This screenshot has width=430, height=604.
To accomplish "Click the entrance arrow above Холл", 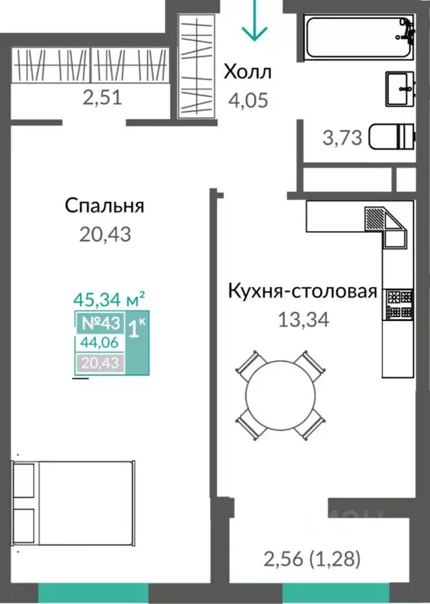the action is tap(254, 20).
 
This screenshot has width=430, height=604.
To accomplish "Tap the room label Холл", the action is tap(248, 72).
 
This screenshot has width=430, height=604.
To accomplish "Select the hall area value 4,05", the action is tap(248, 100).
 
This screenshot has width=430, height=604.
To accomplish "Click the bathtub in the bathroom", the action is tap(358, 37).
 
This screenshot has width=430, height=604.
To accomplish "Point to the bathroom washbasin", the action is tap(400, 89).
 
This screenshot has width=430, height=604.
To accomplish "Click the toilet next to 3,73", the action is tap(391, 136).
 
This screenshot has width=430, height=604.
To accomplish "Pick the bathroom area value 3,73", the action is tap(342, 138).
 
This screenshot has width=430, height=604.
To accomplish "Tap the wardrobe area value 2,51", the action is tap(102, 98).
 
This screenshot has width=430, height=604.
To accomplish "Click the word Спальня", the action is tap(105, 205).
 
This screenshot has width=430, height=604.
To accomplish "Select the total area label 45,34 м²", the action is tap(109, 300).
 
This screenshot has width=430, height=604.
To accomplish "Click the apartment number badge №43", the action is tap(101, 322).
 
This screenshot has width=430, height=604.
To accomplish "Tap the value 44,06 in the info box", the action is tap(99, 342).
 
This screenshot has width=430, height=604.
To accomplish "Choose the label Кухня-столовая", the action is tap(303, 291).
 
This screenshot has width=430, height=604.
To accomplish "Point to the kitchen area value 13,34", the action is tap(303, 319).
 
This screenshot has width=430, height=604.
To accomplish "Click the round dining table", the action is tap(281, 396).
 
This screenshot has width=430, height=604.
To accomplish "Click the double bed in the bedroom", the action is tap(74, 503).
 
